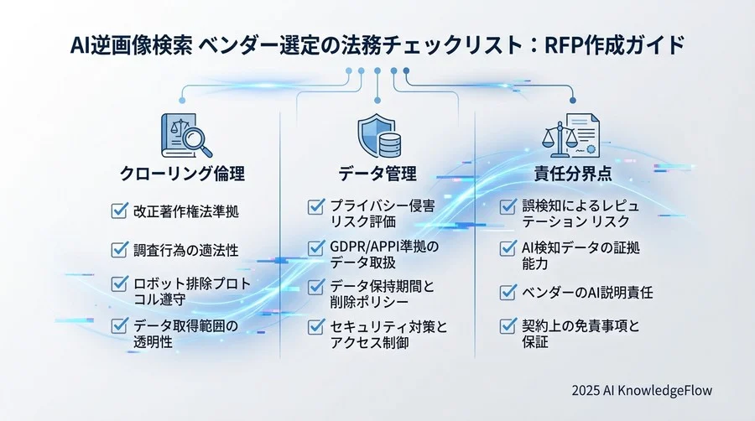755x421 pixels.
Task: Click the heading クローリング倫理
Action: click(x=182, y=174)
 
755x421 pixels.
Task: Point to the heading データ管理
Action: click(x=377, y=174)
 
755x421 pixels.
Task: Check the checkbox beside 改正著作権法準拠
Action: click(x=119, y=210)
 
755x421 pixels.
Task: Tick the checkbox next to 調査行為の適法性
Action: click(x=119, y=249)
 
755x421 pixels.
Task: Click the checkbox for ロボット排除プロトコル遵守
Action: click(x=119, y=285)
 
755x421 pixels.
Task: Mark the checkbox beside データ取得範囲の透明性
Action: click(x=119, y=325)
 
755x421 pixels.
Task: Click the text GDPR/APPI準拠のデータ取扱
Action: click(x=383, y=254)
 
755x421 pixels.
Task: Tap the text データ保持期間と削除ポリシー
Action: click(x=382, y=294)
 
